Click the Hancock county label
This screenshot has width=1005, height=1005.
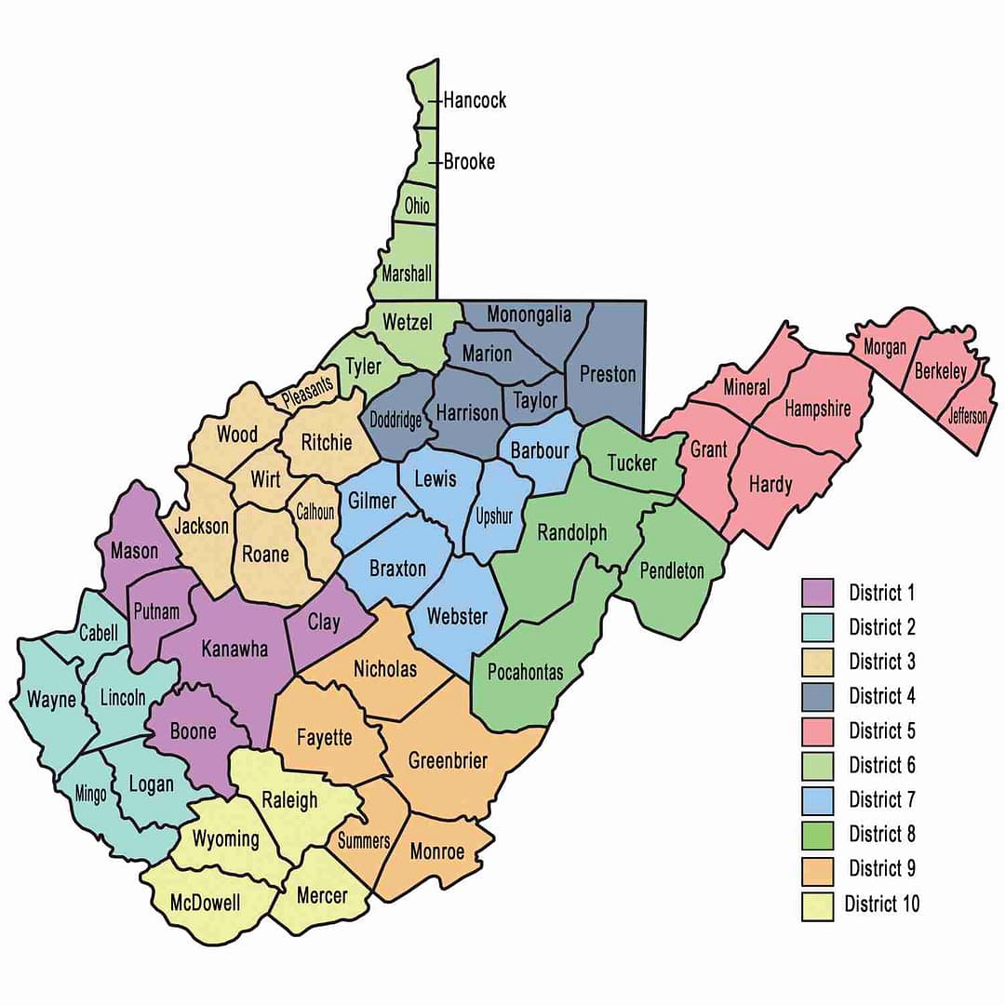pos(475,100)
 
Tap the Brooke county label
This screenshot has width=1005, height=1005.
pos(469,161)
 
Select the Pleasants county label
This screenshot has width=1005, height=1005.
pos(307,393)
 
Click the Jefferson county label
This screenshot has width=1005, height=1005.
pos(968,416)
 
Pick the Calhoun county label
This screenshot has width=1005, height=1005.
pos(315,511)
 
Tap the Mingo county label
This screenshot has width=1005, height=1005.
pos(90,794)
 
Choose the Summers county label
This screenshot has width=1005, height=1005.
pos(364,840)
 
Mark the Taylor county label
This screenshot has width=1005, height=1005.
pos(536,400)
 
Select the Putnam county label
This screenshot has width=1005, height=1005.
pos(155,610)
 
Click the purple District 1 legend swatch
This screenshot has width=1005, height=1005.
pos(817,593)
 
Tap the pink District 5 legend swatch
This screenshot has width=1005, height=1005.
pos(817,730)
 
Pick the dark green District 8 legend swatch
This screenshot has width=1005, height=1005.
pos(817,834)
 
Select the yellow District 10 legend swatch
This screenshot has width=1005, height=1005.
pos(817,904)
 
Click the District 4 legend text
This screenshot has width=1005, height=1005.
pos(882,696)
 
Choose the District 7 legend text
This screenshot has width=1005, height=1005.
pos(882,799)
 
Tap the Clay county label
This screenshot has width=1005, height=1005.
pos(324,623)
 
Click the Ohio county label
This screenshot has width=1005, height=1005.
pos(417,205)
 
